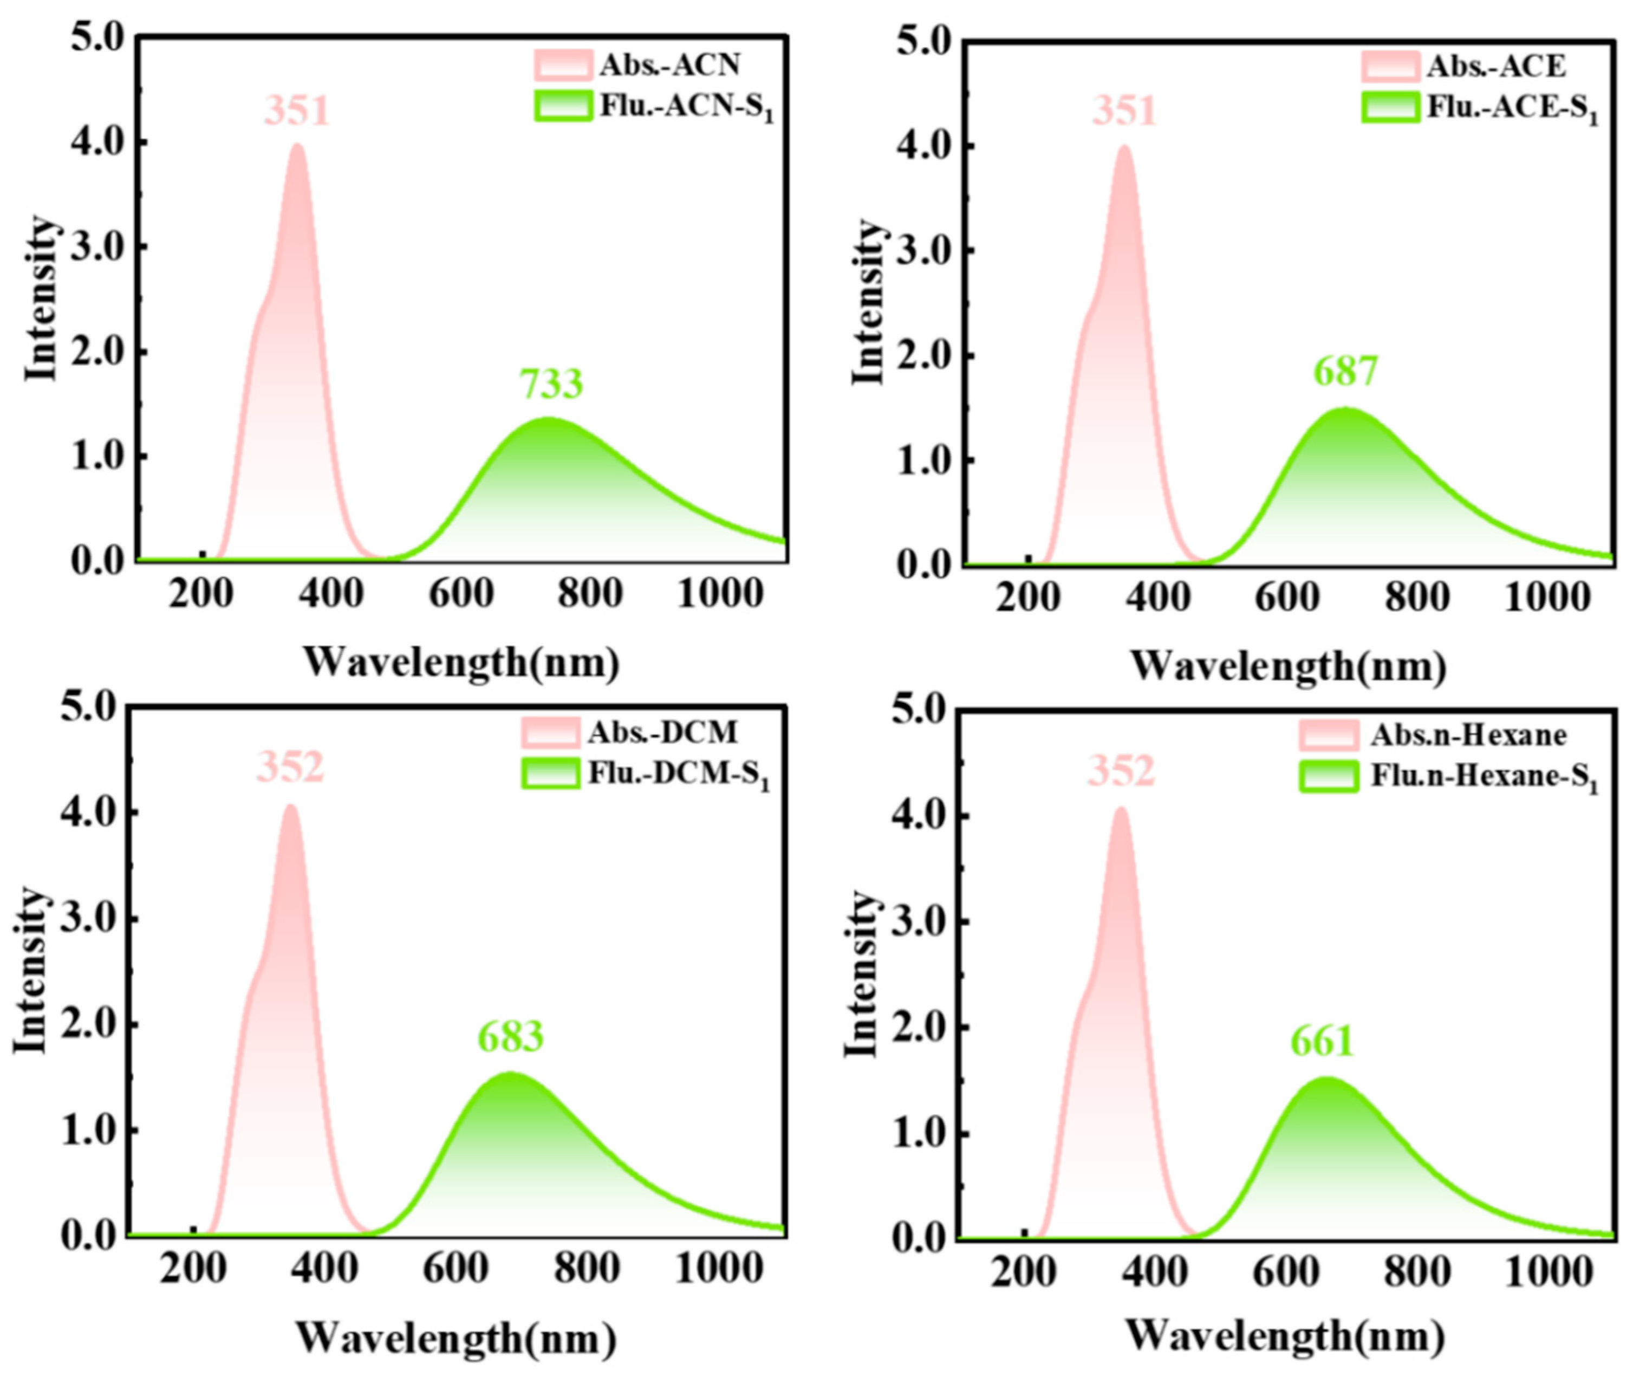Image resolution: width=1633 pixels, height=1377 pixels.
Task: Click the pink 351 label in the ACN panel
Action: pyautogui.click(x=297, y=111)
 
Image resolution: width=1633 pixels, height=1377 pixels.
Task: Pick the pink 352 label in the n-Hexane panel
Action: pyautogui.click(x=1121, y=771)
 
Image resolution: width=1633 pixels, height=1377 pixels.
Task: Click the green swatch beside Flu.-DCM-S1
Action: pyautogui.click(x=551, y=773)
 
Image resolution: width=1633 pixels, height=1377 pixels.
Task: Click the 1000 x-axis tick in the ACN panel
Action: pyautogui.click(x=719, y=596)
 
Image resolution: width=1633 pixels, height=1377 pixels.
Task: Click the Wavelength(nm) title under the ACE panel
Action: pyautogui.click(x=1288, y=667)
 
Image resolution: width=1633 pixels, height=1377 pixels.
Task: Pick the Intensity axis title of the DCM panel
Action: pyautogui.click(x=31, y=970)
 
